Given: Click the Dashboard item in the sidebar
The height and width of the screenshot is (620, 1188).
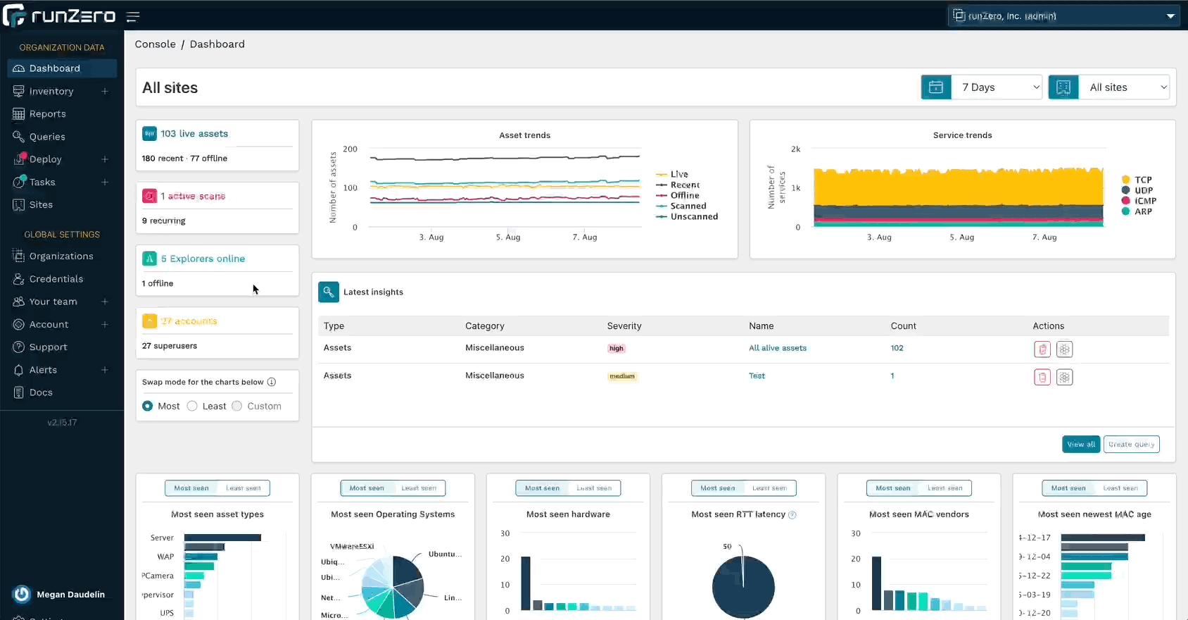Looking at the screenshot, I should tap(54, 68).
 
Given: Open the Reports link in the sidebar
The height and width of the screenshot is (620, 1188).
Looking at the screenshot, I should tap(47, 114).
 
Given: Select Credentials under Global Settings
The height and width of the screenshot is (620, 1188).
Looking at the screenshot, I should tap(56, 279).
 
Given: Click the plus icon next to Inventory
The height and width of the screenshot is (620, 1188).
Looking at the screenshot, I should tap(105, 91).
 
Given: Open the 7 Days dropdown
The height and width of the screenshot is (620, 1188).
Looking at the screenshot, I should tap(997, 87).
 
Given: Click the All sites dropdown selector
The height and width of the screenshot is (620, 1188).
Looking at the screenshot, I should tap(1124, 87).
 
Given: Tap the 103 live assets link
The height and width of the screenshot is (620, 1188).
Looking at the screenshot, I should tap(194, 134).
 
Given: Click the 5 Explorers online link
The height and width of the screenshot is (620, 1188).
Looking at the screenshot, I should tap(203, 259).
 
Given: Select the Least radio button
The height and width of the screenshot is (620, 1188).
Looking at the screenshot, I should tap(192, 406).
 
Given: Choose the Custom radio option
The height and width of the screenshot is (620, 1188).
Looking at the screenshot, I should tap(237, 406).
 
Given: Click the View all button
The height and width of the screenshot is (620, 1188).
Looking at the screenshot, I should tap(1080, 445).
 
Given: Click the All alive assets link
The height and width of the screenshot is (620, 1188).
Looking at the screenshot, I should tap(778, 348).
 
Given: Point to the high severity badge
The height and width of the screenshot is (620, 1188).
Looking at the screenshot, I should tap(617, 348).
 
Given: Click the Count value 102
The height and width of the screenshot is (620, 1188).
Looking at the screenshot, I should tap(897, 348).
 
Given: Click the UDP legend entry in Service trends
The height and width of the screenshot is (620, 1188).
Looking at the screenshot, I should tap(1143, 190).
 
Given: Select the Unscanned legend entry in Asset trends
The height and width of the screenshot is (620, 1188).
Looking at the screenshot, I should tap(694, 217).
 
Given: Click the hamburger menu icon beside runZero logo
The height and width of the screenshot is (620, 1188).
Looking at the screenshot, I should tap(133, 16).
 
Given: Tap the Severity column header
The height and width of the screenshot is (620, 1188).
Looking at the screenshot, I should tap(624, 326).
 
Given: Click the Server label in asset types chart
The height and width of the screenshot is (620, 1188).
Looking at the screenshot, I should tap(162, 538).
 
